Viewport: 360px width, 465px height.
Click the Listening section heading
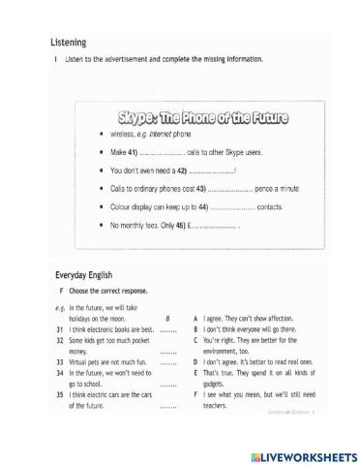(x=69, y=43)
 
